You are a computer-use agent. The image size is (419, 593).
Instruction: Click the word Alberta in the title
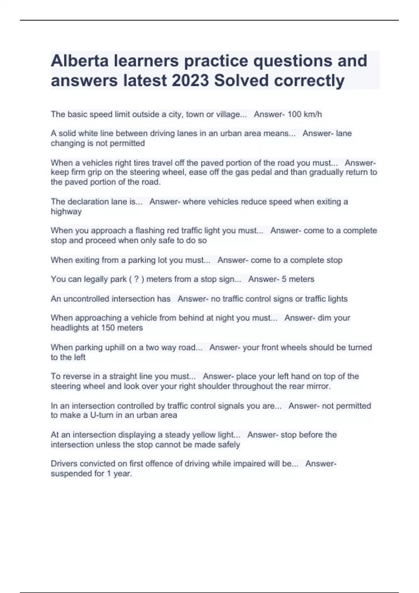click(80, 61)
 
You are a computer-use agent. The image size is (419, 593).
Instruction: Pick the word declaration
click(95, 202)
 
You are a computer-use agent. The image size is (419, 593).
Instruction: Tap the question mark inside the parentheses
click(137, 279)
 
